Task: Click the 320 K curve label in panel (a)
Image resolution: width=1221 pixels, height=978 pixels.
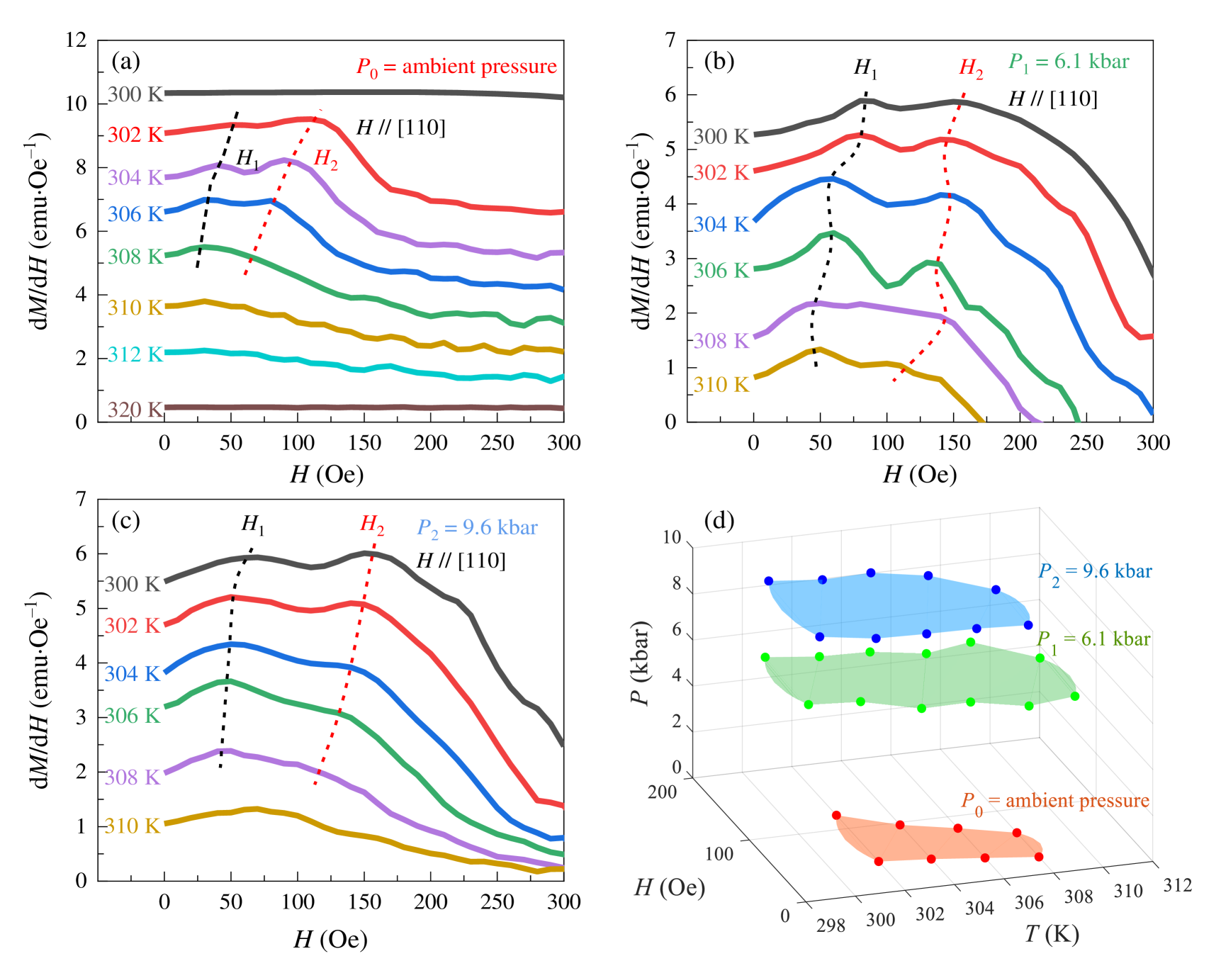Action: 135,410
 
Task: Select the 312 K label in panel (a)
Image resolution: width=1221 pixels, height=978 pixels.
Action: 135,354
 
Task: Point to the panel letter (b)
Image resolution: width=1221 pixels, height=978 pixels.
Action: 719,62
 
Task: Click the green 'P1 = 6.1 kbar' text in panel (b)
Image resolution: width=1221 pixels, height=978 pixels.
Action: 1068,62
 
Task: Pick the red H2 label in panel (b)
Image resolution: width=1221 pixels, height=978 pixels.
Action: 971,68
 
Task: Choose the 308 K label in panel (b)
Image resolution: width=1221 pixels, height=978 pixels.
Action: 721,340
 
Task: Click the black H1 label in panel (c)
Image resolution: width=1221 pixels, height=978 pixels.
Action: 253,524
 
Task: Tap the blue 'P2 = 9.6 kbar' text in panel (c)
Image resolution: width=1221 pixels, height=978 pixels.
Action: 477,528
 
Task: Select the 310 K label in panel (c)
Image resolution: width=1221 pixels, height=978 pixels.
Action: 133,826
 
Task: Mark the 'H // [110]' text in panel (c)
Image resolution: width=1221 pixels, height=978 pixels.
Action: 461,561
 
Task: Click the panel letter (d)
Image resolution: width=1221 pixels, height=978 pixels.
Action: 719,521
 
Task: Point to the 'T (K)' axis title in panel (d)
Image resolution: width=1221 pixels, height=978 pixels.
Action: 1052,934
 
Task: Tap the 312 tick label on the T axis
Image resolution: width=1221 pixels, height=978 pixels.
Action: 1177,885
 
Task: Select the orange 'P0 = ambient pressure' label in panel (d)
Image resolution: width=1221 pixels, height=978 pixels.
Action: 1054,802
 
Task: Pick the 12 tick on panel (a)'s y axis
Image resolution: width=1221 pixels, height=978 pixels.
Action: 76,40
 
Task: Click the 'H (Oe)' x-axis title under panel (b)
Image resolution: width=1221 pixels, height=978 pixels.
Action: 919,474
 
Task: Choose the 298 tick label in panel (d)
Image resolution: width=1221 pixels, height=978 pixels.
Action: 831,926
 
